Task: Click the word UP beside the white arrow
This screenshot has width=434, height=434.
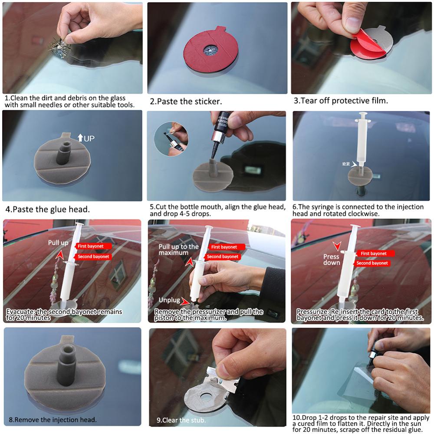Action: (89, 138)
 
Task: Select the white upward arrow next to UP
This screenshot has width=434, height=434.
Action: (80, 138)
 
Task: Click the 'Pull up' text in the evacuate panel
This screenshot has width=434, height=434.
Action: (58, 243)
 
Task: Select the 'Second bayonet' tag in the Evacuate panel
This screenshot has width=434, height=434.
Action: (93, 256)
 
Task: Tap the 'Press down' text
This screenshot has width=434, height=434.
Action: (332, 260)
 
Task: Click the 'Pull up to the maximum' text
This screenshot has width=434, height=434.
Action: (178, 250)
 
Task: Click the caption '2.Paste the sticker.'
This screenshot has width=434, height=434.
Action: (186, 102)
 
